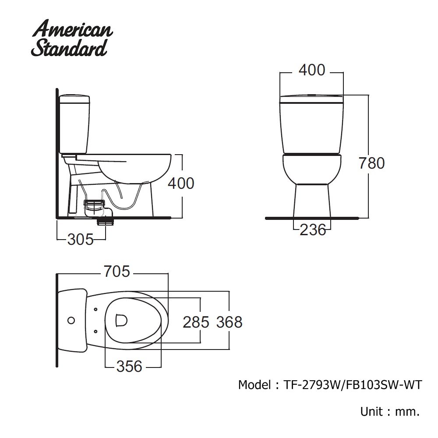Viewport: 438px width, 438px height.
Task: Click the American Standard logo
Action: pyautogui.click(x=72, y=38)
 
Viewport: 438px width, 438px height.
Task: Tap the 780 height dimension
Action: pyautogui.click(x=372, y=163)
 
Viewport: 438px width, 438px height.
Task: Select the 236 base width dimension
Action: pyautogui.click(x=313, y=230)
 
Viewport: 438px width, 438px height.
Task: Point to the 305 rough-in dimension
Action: pyautogui.click(x=81, y=240)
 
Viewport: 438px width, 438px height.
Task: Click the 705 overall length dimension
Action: pyautogui.click(x=117, y=272)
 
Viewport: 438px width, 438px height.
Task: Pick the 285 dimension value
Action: pyautogui.click(x=196, y=322)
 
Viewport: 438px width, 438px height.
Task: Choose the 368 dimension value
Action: pyautogui.click(x=230, y=322)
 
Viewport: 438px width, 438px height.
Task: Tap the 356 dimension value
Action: pyautogui.click(x=129, y=366)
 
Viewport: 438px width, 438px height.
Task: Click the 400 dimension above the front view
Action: pyautogui.click(x=312, y=70)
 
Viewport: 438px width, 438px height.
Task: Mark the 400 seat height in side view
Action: pyautogui.click(x=181, y=184)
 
